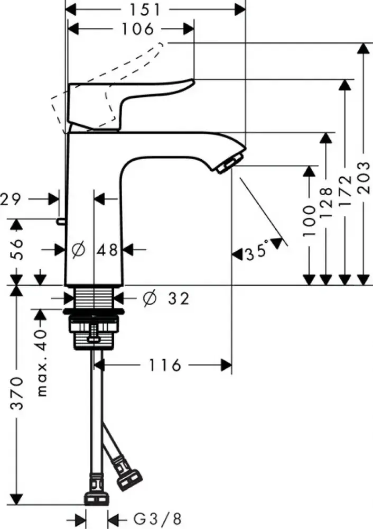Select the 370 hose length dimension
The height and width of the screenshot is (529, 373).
pos(17,394)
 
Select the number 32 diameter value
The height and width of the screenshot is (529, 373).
pos(178,299)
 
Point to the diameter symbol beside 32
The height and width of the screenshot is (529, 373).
pos(149,299)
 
